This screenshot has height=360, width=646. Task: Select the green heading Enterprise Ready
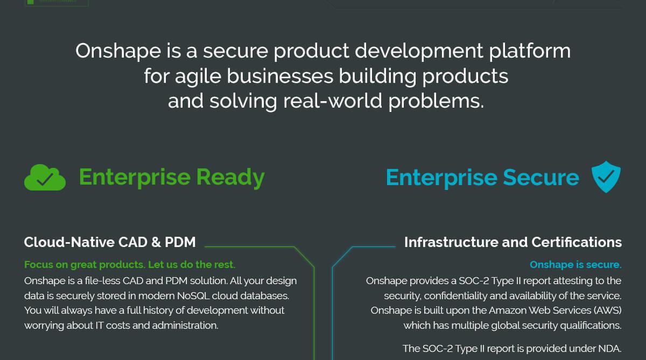point(172,177)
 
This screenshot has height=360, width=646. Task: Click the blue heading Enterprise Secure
point(482,178)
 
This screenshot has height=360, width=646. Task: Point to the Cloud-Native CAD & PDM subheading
point(110,242)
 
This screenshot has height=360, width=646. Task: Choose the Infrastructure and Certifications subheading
point(513,242)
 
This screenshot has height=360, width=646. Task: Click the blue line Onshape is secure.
point(575,265)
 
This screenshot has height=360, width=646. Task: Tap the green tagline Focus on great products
point(129,265)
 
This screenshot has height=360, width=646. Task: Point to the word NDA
point(609,348)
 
